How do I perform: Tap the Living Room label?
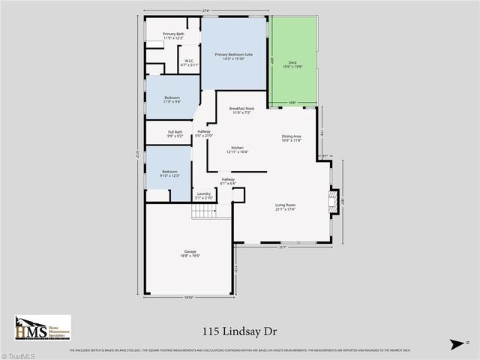coord(286,207)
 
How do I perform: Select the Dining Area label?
coord(291,138)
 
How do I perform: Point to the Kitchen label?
coord(238,149)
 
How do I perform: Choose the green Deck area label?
coord(292,64)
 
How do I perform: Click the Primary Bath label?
coord(174,35)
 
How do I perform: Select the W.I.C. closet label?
coord(188,64)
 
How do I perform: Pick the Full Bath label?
coord(175,134)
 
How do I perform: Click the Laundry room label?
coord(203,196)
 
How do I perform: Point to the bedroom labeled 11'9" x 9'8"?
coord(172,100)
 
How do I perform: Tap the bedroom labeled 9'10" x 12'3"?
coord(169,174)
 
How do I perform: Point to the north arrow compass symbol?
coord(455,343)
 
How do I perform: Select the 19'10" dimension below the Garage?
coord(190,298)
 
